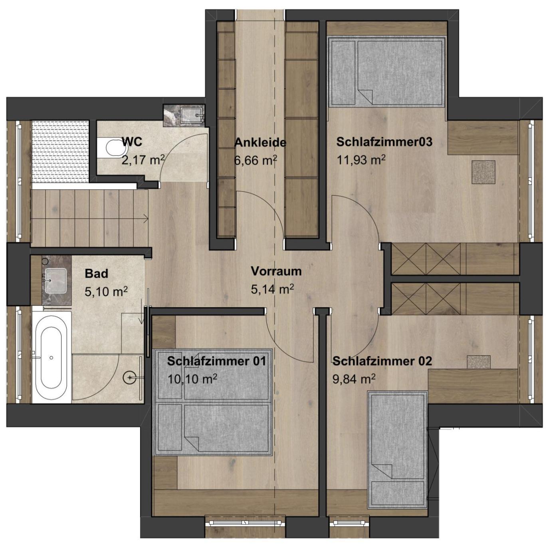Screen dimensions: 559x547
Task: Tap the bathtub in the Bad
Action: coord(52,358)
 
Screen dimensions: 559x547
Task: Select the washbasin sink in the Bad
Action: coord(56,280)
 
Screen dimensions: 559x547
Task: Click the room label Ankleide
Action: coord(260,142)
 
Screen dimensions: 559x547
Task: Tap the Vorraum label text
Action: coord(276,271)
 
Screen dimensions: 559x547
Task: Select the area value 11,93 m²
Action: coord(361,160)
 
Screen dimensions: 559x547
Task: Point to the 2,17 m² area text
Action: coord(143,159)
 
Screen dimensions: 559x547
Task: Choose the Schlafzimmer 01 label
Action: coord(216,361)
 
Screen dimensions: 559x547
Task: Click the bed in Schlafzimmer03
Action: coord(387,72)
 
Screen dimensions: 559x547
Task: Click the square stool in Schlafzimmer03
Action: coord(484,172)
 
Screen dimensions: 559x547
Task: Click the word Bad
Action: coord(97,274)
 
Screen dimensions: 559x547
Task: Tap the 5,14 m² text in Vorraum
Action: coord(272,289)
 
